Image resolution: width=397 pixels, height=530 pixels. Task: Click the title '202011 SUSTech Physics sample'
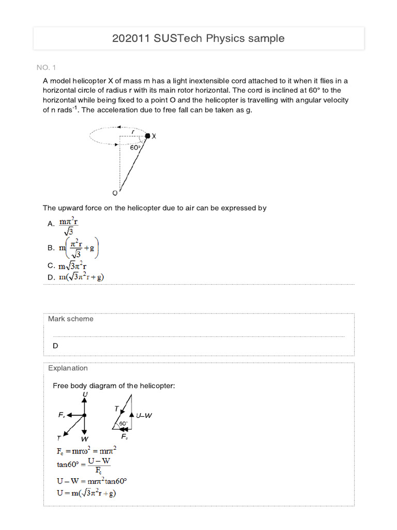coord(198,38)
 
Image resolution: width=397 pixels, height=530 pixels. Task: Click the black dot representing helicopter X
coord(147,136)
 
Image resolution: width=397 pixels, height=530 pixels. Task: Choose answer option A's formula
coord(69,226)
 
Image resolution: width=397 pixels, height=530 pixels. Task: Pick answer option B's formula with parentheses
coord(79,248)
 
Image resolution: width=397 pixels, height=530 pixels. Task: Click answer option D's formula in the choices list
coord(81,277)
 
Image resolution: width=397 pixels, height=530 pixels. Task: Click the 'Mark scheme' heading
coord(71,319)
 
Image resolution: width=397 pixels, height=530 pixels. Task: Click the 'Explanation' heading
coord(68,369)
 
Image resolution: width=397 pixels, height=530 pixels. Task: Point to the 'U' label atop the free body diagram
coord(85,395)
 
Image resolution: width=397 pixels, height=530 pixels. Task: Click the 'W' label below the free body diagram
coord(85,438)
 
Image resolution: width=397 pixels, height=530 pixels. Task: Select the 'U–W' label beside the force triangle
coord(144,415)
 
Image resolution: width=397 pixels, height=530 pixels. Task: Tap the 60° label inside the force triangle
coord(124,423)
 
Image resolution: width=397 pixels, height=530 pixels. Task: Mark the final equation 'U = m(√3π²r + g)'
coord(86,493)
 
